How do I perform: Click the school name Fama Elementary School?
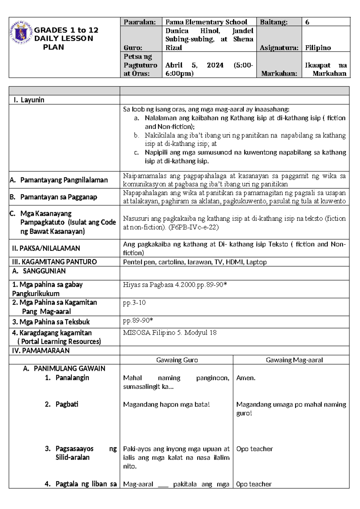click(206, 22)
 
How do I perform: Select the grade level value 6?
click(307, 22)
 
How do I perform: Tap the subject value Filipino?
click(318, 48)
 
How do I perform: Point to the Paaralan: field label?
click(140, 22)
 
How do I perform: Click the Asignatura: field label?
click(279, 48)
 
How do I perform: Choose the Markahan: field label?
click(279, 74)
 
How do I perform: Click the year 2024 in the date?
click(215, 65)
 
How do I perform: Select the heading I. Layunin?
click(29, 100)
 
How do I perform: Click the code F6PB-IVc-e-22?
click(193, 227)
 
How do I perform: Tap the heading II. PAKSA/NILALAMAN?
click(46, 248)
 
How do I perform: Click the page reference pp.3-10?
click(134, 303)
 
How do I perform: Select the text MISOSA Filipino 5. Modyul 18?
click(169, 333)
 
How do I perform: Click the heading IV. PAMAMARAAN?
click(40, 351)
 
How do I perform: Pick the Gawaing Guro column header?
click(177, 360)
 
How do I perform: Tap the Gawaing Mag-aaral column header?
click(294, 360)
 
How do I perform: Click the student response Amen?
click(246, 378)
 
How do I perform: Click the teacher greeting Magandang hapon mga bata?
click(166, 405)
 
